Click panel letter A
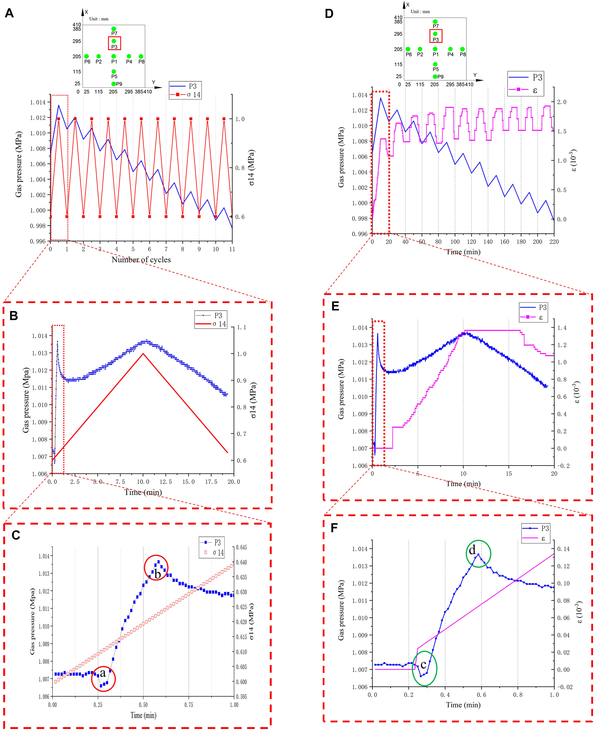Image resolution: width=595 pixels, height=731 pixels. pyautogui.click(x=9, y=13)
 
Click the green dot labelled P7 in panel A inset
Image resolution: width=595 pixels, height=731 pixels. pyautogui.click(x=114, y=29)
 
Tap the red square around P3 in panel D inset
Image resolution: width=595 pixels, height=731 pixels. pyautogui.click(x=436, y=36)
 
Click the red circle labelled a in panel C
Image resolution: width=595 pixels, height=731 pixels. pyautogui.click(x=103, y=679)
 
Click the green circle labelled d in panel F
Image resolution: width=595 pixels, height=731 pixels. pyautogui.click(x=478, y=554)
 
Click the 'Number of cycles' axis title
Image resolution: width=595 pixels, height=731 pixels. pyautogui.click(x=141, y=260)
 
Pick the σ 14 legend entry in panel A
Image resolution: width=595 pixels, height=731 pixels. pyautogui.click(x=185, y=94)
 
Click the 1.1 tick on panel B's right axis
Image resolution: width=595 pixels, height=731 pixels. pyautogui.click(x=242, y=327)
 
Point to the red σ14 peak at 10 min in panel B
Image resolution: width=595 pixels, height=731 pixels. pyautogui.click(x=143, y=354)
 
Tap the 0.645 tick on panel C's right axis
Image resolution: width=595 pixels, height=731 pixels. pyautogui.click(x=241, y=547)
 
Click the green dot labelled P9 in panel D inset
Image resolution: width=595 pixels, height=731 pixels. pyautogui.click(x=435, y=77)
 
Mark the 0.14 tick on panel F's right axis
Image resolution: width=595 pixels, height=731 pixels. pyautogui.click(x=563, y=549)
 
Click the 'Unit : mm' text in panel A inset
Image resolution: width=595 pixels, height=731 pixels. pyautogui.click(x=99, y=19)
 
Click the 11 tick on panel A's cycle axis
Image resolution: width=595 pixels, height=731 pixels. pyautogui.click(x=232, y=249)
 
